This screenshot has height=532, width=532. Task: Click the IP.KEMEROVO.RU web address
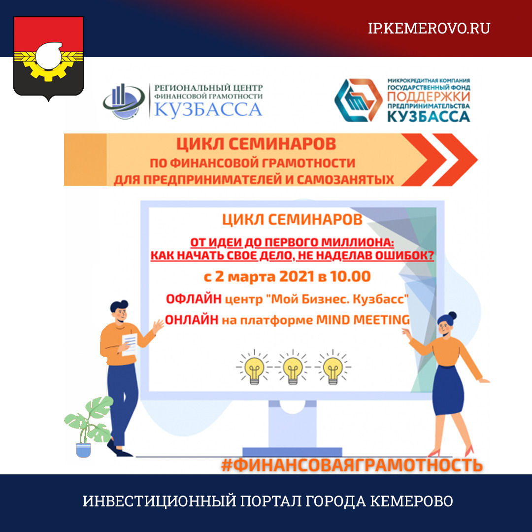[429, 29]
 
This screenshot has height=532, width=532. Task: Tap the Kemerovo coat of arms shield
[48, 58]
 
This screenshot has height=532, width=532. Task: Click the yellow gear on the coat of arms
[48, 66]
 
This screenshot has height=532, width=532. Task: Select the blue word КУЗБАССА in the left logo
[208, 110]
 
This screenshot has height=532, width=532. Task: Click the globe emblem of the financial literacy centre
[124, 101]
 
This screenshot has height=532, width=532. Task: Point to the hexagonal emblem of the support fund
[358, 100]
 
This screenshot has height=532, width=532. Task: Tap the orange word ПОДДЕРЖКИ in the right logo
[429, 97]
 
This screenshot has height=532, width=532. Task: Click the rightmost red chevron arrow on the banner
[455, 160]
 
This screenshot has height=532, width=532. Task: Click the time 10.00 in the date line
[351, 276]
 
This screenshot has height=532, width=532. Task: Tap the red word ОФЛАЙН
[194, 299]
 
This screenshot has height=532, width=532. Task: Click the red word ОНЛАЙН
[192, 320]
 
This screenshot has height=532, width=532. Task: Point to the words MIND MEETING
[363, 320]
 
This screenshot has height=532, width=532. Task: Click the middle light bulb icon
[293, 368]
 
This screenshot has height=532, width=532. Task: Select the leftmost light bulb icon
[254, 368]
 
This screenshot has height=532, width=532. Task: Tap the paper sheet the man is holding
[129, 344]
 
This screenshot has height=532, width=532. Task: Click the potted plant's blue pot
[83, 450]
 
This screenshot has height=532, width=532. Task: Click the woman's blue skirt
[448, 390]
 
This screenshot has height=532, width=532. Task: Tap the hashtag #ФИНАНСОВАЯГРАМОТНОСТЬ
[352, 465]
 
